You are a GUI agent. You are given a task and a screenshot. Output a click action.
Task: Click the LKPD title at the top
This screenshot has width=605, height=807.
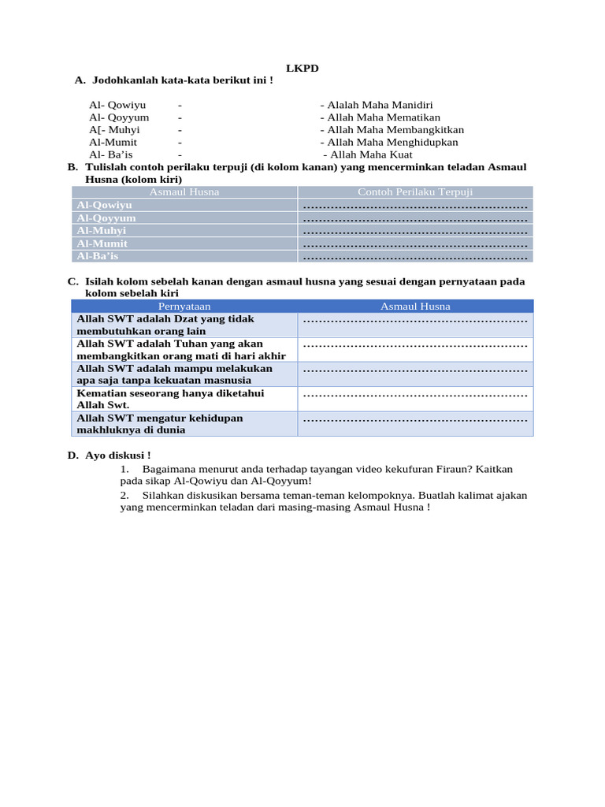[302, 69]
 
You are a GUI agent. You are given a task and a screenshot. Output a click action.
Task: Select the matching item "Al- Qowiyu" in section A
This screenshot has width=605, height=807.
[117, 105]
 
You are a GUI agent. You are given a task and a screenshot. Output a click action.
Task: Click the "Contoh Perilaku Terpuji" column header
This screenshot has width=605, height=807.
[415, 192]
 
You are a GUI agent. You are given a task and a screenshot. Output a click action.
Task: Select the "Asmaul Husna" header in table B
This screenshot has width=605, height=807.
[184, 192]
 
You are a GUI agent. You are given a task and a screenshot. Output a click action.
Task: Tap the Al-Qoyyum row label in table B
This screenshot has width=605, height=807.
[106, 218]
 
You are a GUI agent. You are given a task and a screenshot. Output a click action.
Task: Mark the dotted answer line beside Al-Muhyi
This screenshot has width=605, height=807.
[415, 232]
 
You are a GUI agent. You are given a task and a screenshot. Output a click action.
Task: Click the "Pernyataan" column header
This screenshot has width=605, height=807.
[184, 306]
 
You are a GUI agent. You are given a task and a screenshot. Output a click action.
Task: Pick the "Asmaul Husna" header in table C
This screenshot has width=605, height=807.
[415, 306]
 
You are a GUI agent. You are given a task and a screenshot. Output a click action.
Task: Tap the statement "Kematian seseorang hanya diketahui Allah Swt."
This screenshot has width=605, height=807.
[170, 399]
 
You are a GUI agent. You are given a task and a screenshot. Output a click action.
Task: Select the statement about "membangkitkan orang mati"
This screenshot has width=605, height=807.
[181, 350]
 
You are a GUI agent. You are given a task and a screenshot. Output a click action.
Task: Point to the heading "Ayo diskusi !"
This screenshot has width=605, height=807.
[117, 455]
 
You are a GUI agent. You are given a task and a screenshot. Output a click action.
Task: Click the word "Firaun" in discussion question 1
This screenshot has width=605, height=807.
[450, 469]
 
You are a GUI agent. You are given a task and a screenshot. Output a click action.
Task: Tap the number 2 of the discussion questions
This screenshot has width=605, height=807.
[124, 495]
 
